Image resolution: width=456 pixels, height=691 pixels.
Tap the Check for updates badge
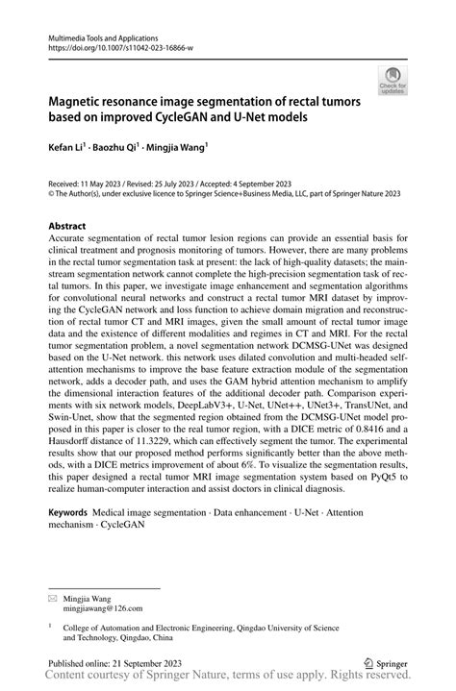[x=393, y=81]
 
